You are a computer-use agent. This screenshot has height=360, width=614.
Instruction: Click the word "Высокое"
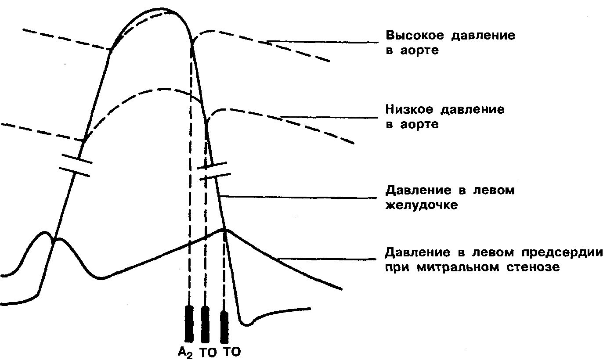411,36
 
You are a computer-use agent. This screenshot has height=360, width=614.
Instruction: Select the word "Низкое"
407,109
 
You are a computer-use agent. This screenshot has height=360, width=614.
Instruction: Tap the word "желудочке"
422,205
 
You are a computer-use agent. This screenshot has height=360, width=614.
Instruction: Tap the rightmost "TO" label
232,352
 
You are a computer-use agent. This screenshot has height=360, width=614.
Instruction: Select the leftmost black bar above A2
189,324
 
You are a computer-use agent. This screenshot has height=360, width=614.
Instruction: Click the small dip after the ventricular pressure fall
247,324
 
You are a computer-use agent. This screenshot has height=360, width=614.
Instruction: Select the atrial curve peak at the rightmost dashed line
224,229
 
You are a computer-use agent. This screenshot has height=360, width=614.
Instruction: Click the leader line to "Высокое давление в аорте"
323,42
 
